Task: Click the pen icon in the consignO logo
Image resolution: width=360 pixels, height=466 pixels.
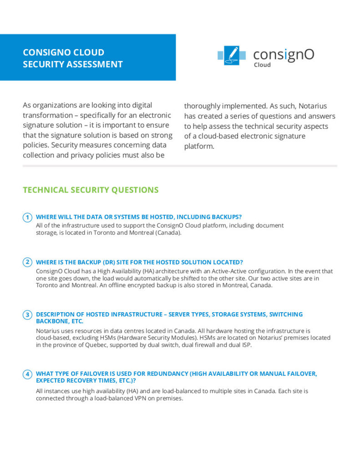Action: point(232,55)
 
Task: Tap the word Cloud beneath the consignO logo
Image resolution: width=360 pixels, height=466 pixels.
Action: point(262,65)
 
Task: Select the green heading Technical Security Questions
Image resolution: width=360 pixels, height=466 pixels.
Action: point(91,190)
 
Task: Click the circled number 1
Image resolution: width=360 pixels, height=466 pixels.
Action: point(28,217)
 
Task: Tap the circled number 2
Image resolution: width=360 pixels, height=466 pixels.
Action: point(28,262)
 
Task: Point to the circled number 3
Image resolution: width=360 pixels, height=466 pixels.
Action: point(28,314)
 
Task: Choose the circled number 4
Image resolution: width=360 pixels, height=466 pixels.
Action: point(28,374)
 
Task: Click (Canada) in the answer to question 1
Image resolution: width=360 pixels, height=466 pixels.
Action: point(168,233)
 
